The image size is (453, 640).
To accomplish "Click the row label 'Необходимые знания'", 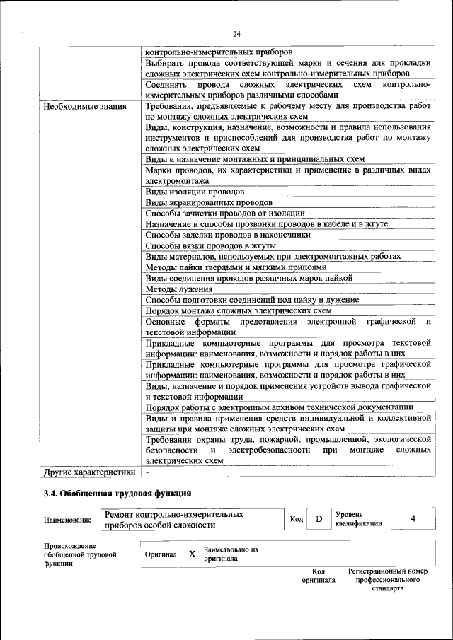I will (85, 107).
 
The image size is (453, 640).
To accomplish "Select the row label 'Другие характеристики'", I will (89, 472).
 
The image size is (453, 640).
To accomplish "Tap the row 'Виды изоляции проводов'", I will (195, 192).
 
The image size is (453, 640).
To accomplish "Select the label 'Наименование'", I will (67, 520).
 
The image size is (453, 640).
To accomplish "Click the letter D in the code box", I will (319, 519).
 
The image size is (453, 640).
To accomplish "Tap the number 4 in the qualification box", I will (413, 519).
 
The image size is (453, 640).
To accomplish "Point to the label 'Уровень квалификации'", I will (359, 519).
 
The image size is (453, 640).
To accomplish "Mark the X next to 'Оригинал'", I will (192, 554).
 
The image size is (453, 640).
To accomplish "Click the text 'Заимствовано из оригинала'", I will (231, 554).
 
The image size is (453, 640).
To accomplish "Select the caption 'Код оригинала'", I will (319, 575).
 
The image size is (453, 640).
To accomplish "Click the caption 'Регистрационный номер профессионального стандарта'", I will (387, 579).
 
